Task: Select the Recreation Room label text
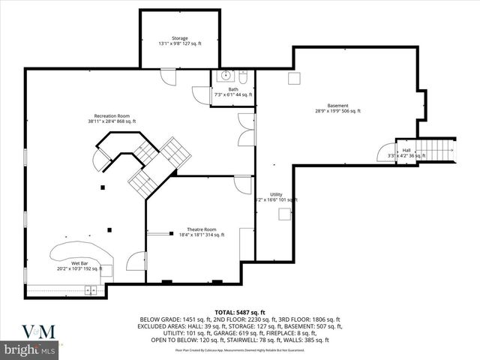(x=112, y=118)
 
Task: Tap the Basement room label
(x=337, y=107)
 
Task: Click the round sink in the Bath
(x=225, y=76)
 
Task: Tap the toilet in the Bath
(x=244, y=76)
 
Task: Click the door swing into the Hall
(x=385, y=152)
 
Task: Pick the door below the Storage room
(x=167, y=76)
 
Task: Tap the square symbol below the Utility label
(x=284, y=214)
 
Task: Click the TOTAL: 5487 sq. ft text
(x=239, y=311)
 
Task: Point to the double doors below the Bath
(x=247, y=129)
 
